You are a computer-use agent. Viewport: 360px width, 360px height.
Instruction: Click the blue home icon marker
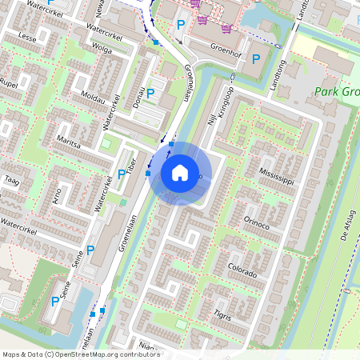click(x=179, y=173)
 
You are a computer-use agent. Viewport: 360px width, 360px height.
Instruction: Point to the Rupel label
click(x=9, y=83)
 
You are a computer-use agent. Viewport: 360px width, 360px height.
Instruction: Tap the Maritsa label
click(x=69, y=145)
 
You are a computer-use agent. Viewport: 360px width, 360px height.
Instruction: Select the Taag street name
click(x=11, y=180)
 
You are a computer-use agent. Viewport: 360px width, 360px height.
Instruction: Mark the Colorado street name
click(x=242, y=266)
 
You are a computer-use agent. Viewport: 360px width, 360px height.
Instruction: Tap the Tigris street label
click(x=223, y=314)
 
